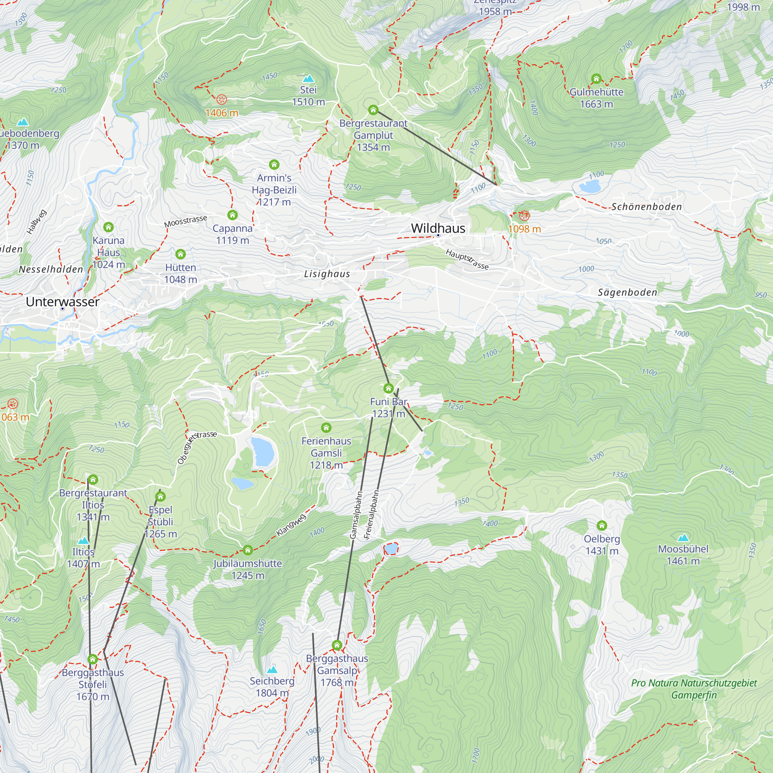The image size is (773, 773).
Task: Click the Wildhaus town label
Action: point(438,228)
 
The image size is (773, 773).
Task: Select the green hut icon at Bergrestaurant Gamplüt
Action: point(373,110)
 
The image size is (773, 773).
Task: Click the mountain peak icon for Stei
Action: point(308,78)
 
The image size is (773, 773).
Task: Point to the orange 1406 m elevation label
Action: point(221,113)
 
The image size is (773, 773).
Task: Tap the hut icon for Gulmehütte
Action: point(596,78)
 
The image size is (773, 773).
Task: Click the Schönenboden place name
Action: point(646,207)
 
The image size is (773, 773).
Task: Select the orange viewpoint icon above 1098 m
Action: point(524,216)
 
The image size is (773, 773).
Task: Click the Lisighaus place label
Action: point(327,274)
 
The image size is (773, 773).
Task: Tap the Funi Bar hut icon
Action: point(388,388)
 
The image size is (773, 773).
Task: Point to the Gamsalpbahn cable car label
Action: point(356,515)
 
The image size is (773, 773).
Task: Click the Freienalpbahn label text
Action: point(371,514)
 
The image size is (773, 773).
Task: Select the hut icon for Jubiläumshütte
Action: point(248,550)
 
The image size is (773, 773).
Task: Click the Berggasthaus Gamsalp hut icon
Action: point(337,645)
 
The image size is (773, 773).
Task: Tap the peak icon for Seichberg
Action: point(272,670)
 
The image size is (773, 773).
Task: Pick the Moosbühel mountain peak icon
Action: point(683,537)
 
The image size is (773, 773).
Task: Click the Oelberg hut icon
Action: point(602,525)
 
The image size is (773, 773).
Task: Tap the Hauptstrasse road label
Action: point(467,259)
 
